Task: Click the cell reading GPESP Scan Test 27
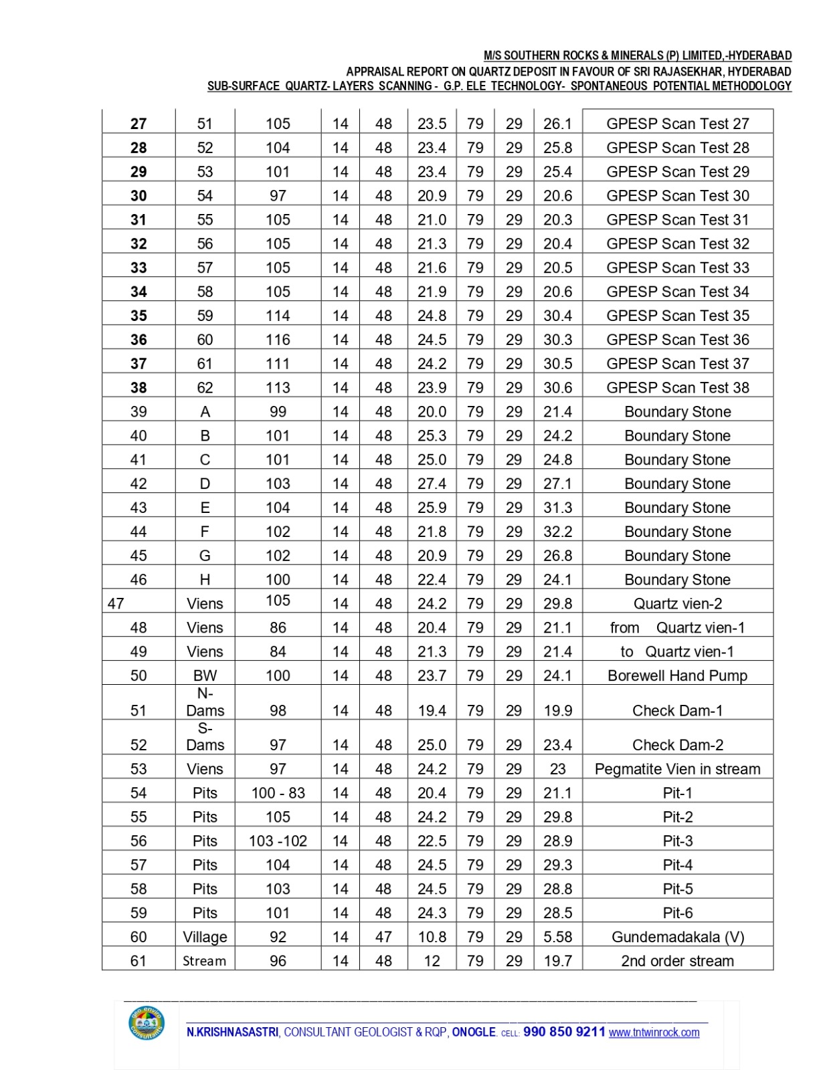coord(677,124)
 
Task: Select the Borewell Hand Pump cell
coord(677,675)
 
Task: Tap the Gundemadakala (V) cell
coord(677,937)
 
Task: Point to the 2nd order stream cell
coord(677,961)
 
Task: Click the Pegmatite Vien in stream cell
coord(677,769)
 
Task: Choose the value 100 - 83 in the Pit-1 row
coord(278,793)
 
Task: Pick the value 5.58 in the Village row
coord(557,937)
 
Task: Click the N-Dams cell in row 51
coord(205,702)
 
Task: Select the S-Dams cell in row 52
coord(205,737)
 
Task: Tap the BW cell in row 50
coord(205,675)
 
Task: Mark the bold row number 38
coord(139,388)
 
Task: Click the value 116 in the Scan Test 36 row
coord(278,340)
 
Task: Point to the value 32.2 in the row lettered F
coord(557,532)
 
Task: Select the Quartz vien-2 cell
coord(677,604)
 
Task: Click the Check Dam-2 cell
coord(677,745)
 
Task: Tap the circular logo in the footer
coord(147,1023)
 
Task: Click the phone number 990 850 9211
coord(564,1032)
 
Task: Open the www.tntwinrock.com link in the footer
coord(654,1033)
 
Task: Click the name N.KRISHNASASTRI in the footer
coord(232,1033)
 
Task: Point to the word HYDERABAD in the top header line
coord(763,56)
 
